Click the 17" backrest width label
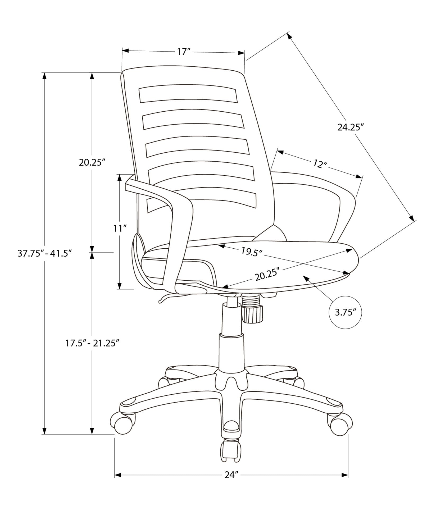click(x=184, y=52)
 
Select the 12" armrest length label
click(x=320, y=164)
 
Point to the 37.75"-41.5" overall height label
click(x=45, y=254)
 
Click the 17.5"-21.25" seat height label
click(x=91, y=343)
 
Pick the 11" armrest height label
click(x=120, y=228)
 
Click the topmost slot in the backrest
click(x=188, y=94)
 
